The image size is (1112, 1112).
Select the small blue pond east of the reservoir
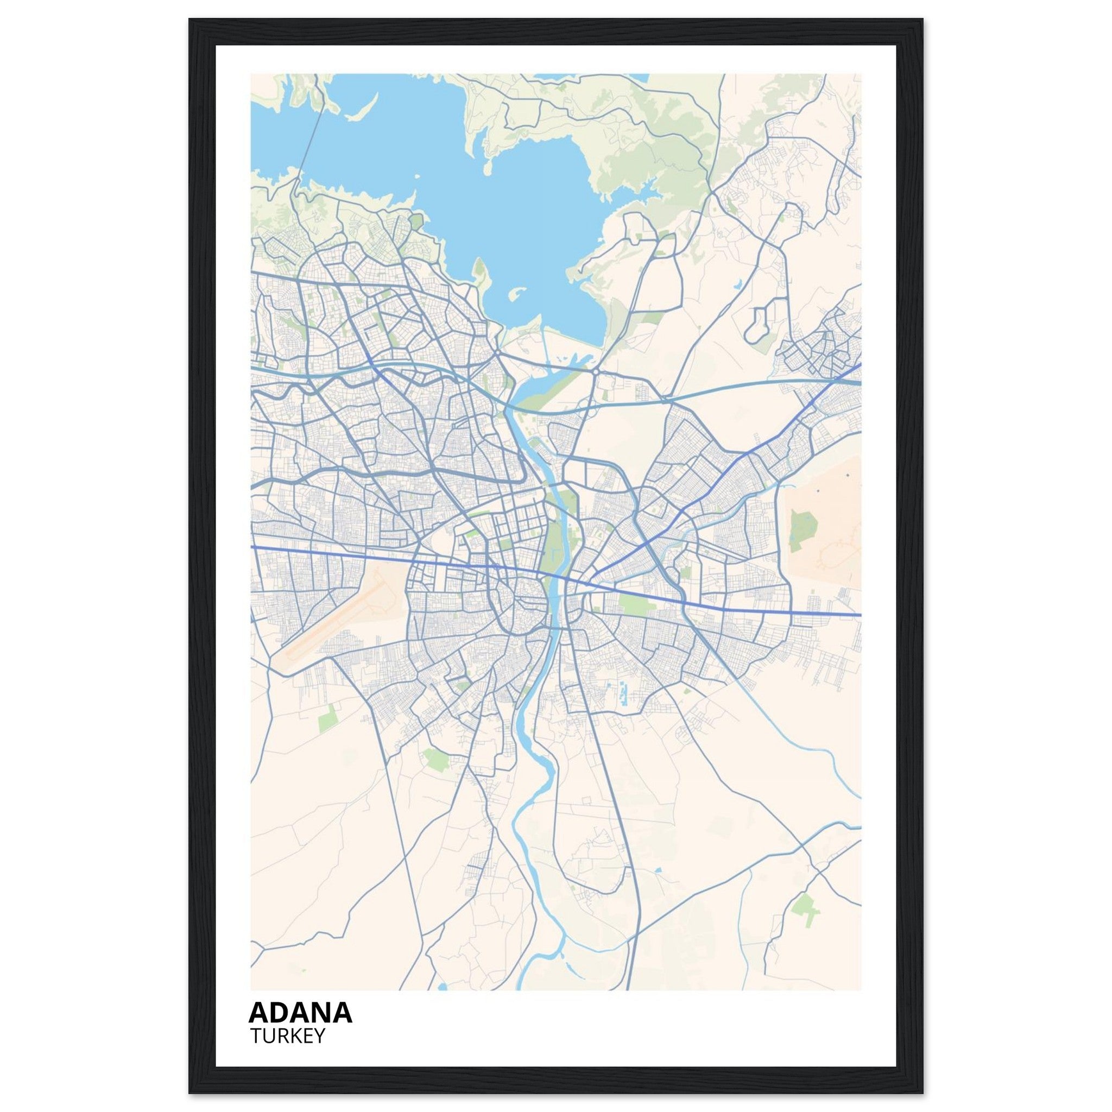[x=737, y=284]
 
